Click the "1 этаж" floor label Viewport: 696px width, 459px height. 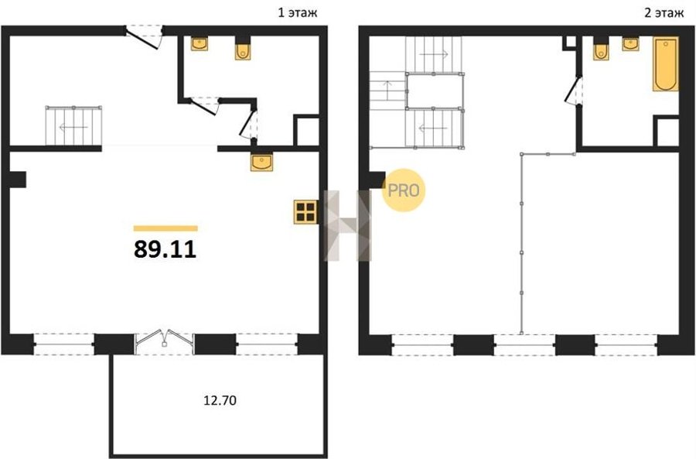tap(298, 13)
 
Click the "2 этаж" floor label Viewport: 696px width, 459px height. tap(664, 13)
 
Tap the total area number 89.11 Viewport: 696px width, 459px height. tap(165, 249)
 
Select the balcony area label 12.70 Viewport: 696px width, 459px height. tap(220, 400)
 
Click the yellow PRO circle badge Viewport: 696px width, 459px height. tap(404, 190)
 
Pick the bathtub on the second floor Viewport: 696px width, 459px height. tap(665, 64)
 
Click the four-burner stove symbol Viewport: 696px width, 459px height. tap(305, 212)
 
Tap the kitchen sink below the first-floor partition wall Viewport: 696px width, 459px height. tap(262, 162)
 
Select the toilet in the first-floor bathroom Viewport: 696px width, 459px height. tap(243, 50)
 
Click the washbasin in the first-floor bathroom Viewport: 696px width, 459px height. tap(200, 43)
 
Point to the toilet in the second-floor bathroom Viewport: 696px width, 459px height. tap(601, 51)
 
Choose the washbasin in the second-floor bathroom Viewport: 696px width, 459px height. tap(630, 44)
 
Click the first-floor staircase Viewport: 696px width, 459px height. tap(73, 125)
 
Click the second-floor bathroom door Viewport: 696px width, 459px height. tap(573, 91)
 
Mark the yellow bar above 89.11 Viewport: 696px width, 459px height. tap(165, 228)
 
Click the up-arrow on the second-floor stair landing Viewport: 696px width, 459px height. tap(387, 91)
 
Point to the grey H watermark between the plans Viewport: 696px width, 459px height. tap(348, 225)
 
